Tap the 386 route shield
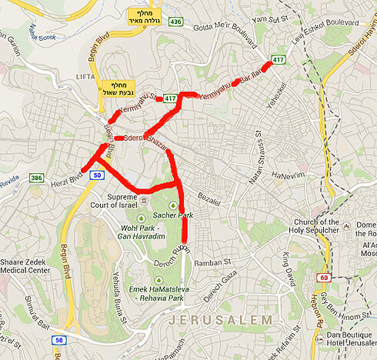[x=36, y=178]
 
